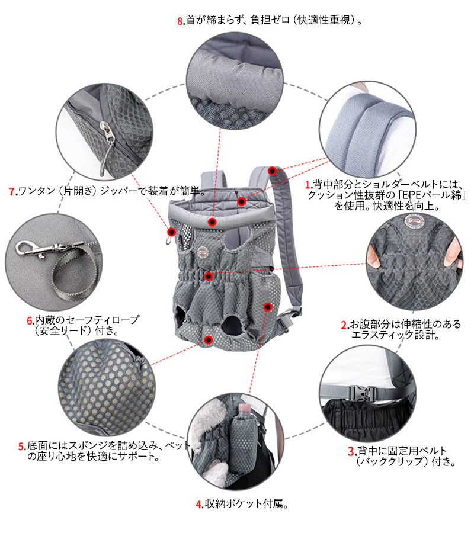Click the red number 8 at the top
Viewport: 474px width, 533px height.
pyautogui.click(x=180, y=21)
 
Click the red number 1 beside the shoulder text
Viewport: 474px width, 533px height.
pyautogui.click(x=308, y=185)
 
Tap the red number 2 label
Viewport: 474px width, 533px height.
pyautogui.click(x=344, y=325)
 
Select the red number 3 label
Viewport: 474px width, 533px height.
pyautogui.click(x=351, y=451)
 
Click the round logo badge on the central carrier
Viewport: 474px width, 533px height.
pyautogui.click(x=203, y=252)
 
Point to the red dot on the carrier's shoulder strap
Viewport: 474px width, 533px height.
pyautogui.click(x=272, y=171)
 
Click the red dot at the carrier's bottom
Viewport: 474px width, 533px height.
pyautogui.click(x=209, y=340)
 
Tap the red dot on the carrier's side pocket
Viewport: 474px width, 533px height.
pyautogui.click(x=268, y=307)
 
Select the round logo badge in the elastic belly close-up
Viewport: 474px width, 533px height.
pyautogui.click(x=415, y=221)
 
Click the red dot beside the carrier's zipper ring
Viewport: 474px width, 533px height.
pyautogui.click(x=172, y=232)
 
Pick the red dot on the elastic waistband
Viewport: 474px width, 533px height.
pyautogui.click(x=209, y=276)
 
